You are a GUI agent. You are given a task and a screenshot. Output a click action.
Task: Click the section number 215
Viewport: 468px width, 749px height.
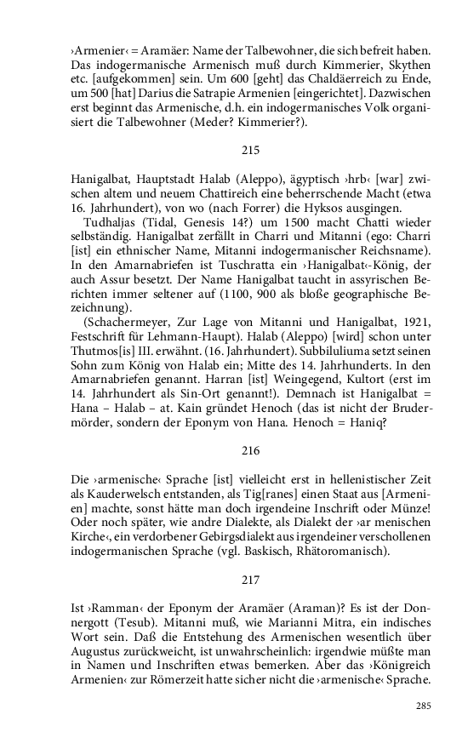(x=250, y=150)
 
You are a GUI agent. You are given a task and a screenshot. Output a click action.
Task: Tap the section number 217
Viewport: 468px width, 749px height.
(x=250, y=580)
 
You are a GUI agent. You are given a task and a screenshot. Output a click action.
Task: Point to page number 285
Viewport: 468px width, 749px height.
(x=424, y=706)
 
